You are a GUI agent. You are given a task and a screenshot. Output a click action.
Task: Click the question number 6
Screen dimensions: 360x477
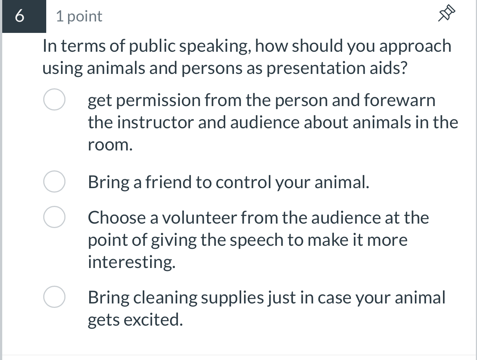point(21,16)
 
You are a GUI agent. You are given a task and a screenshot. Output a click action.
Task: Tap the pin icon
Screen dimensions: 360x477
point(446,14)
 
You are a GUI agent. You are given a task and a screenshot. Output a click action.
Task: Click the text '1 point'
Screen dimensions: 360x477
point(79,16)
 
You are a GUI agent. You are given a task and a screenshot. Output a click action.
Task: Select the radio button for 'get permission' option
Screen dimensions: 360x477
point(55,100)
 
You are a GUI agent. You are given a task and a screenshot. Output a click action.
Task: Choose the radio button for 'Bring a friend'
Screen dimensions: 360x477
point(55,181)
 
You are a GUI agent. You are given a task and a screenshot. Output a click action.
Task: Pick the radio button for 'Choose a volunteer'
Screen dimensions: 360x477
point(55,217)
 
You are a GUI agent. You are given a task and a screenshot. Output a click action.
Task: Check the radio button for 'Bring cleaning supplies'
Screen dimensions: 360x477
point(55,297)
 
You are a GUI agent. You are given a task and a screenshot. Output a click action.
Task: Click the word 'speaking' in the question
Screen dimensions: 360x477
point(216,47)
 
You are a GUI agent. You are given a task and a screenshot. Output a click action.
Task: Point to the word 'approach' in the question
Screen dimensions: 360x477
point(415,47)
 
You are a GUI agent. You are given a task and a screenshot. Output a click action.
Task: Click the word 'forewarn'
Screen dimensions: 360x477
point(399,100)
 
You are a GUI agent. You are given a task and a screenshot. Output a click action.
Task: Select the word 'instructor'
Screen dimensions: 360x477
point(155,122)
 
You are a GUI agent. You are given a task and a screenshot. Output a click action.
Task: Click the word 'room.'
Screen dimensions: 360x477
point(110,145)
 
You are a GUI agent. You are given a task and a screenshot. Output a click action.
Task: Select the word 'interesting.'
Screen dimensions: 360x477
point(132,262)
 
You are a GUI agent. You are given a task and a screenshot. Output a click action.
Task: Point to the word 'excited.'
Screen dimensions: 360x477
point(153,320)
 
